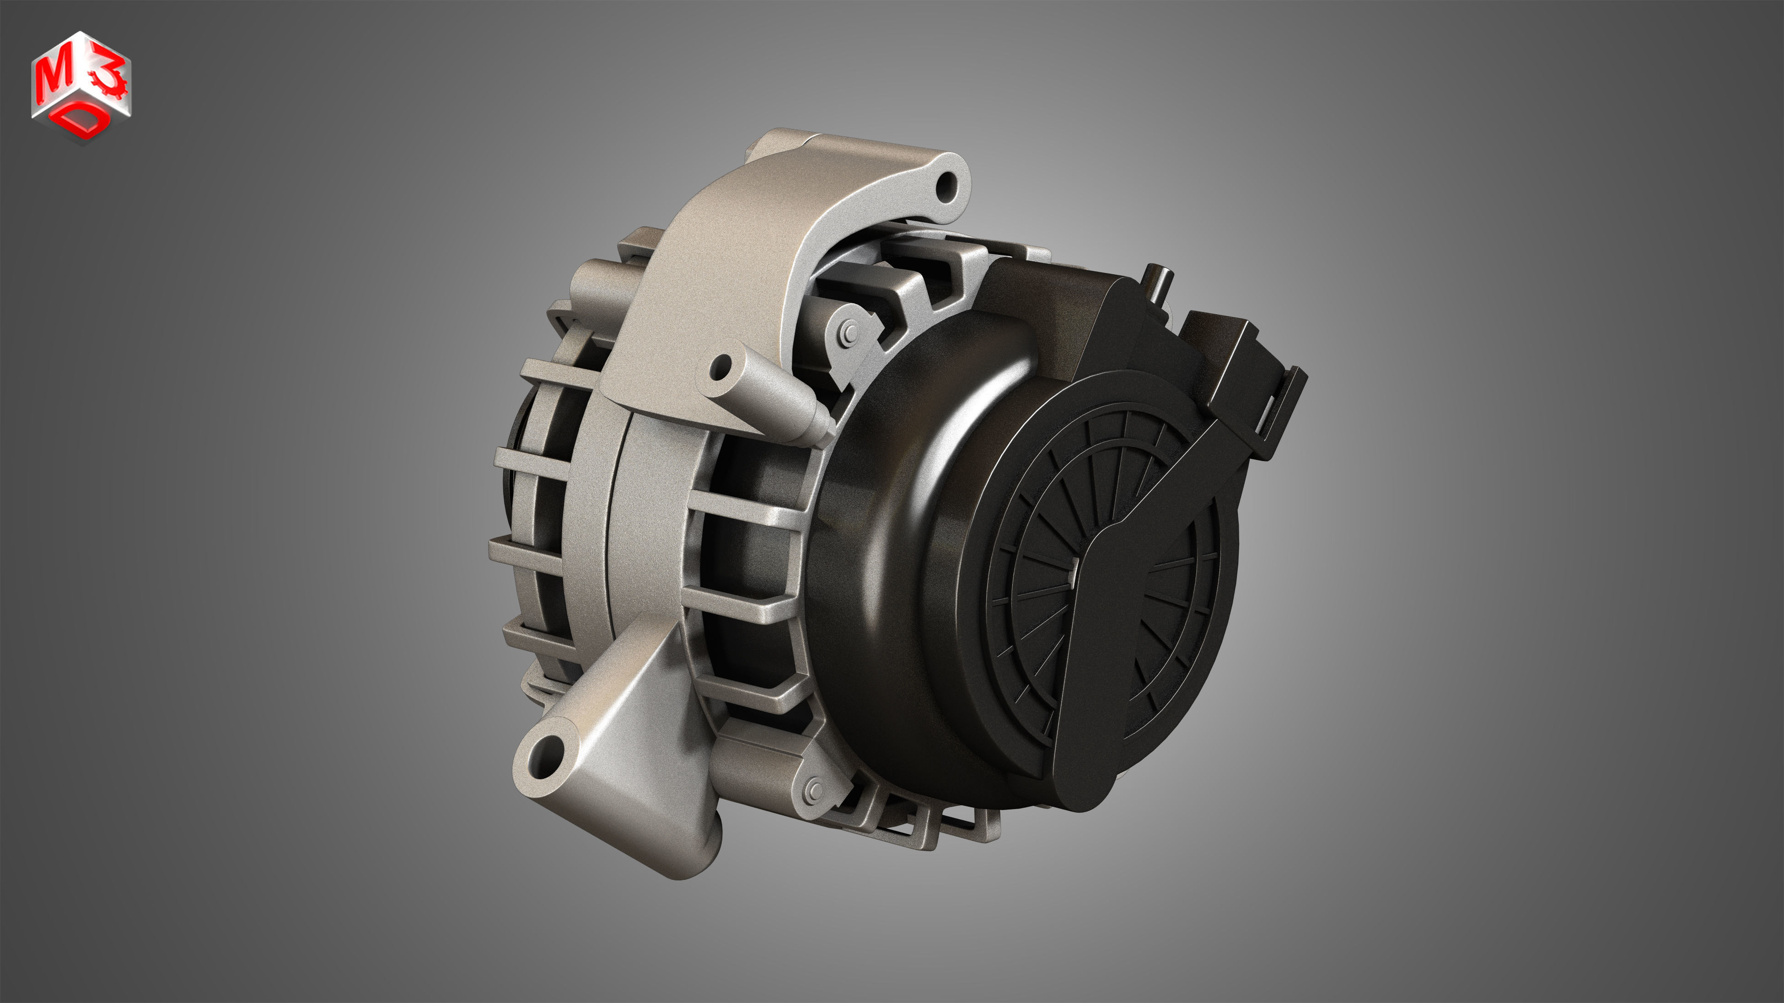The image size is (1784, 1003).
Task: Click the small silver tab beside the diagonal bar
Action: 1073,572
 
